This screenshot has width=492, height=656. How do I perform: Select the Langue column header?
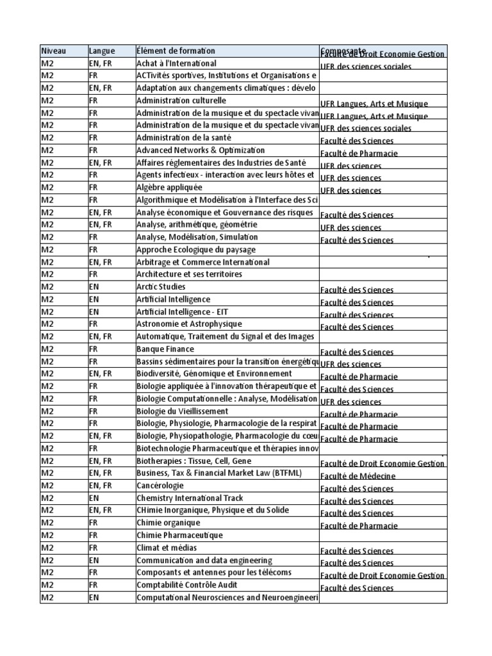pyautogui.click(x=102, y=51)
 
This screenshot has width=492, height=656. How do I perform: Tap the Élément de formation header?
pyautogui.click(x=176, y=51)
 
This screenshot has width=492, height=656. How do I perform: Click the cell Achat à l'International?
pyautogui.click(x=176, y=63)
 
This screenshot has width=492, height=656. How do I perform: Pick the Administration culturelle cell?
pyautogui.click(x=181, y=101)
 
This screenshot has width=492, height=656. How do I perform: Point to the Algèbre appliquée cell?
pyautogui.click(x=169, y=188)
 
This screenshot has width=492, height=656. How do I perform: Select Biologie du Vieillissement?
pyautogui.click(x=182, y=411)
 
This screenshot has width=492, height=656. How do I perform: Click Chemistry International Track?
pyautogui.click(x=190, y=498)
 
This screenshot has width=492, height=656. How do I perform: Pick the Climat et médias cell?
pyautogui.click(x=167, y=548)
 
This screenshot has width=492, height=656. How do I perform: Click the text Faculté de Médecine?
pyautogui.click(x=358, y=476)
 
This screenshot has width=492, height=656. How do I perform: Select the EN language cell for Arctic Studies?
pyautogui.click(x=94, y=287)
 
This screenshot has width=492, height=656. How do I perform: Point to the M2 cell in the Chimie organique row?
pyautogui.click(x=47, y=523)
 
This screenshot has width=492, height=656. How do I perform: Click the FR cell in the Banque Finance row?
pyautogui.click(x=94, y=349)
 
